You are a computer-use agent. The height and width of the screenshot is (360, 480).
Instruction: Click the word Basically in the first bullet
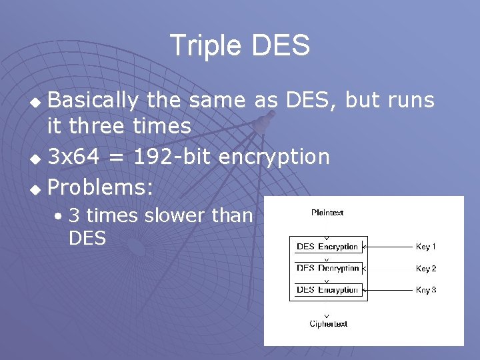[x=93, y=101]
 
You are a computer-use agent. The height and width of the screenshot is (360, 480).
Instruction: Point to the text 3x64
[x=75, y=157]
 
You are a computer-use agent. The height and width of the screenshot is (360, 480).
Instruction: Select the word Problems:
[x=100, y=187]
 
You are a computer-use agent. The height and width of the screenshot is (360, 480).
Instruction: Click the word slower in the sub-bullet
[x=174, y=215]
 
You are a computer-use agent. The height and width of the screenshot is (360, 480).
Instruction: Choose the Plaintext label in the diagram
[x=327, y=213]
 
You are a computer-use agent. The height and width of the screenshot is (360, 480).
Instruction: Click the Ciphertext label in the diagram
[x=328, y=324]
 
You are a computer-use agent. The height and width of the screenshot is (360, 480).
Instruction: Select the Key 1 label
[x=426, y=247]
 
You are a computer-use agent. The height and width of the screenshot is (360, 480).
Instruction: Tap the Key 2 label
[x=426, y=269]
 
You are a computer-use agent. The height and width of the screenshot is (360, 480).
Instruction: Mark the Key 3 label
[x=426, y=290]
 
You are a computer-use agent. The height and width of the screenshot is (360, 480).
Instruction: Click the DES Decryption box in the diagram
[x=328, y=268]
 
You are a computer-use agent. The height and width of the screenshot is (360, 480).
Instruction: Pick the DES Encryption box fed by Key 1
[x=328, y=247]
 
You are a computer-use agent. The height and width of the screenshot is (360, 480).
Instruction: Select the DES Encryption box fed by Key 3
[x=328, y=290]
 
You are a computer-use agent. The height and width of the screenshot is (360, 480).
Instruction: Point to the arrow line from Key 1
[x=390, y=247]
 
